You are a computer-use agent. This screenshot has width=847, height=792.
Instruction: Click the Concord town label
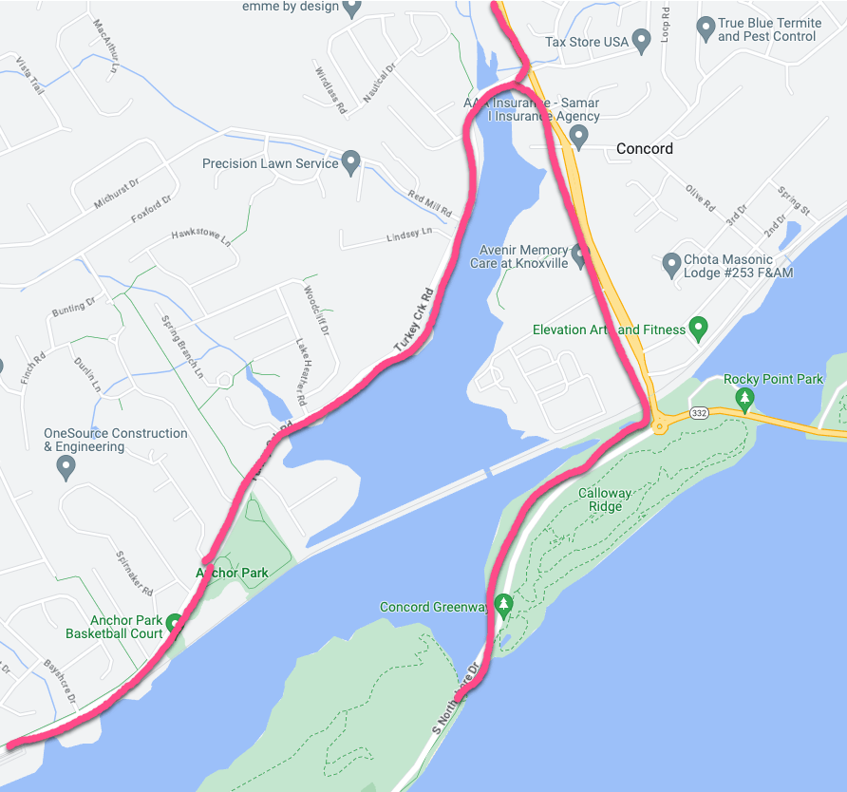pyautogui.click(x=644, y=148)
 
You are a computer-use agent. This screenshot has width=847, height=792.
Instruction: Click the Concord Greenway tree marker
pyautogui.click(x=503, y=604)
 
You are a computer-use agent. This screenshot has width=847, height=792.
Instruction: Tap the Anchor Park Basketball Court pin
pyautogui.click(x=175, y=624)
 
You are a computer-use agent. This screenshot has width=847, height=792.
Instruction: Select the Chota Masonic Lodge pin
pyautogui.click(x=671, y=262)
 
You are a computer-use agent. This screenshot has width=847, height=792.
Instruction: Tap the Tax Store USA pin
pyautogui.click(x=641, y=40)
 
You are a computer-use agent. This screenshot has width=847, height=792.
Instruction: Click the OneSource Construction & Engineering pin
pyautogui.click(x=66, y=465)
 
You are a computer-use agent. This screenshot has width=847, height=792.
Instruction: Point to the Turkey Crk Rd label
pyautogui.click(x=414, y=322)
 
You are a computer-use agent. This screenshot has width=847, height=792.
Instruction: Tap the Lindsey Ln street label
pyautogui.click(x=409, y=234)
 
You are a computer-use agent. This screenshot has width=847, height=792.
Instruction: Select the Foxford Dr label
pyautogui.click(x=152, y=209)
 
